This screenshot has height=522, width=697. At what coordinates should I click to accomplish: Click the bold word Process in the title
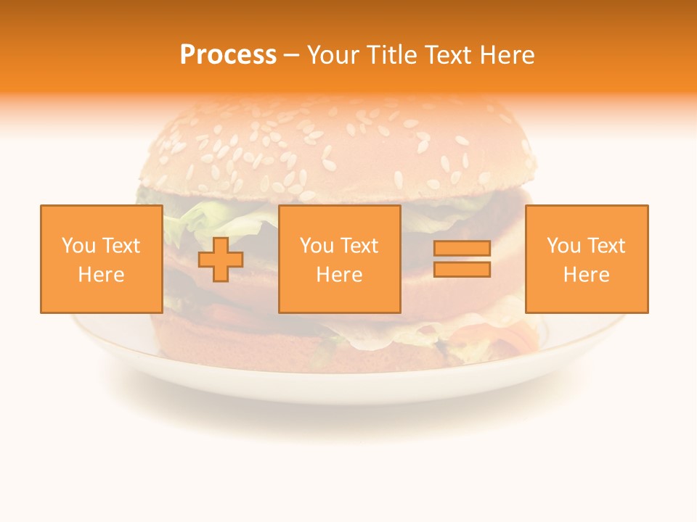point(228,54)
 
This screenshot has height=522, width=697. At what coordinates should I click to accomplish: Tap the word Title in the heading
point(392,54)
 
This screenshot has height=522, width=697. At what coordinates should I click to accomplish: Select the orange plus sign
point(221,260)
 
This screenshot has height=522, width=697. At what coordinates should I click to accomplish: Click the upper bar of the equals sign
point(462,249)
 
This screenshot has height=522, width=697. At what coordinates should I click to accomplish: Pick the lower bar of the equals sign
point(462,270)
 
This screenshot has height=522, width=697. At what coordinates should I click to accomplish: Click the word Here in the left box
point(101,275)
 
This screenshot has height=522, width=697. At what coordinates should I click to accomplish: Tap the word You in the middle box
point(317,246)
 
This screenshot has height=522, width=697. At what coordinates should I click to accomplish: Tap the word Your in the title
point(333,54)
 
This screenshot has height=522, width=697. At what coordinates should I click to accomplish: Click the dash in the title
point(292,55)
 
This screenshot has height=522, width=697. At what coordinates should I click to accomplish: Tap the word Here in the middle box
point(339,275)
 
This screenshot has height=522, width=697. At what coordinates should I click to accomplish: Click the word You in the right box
point(563,246)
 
